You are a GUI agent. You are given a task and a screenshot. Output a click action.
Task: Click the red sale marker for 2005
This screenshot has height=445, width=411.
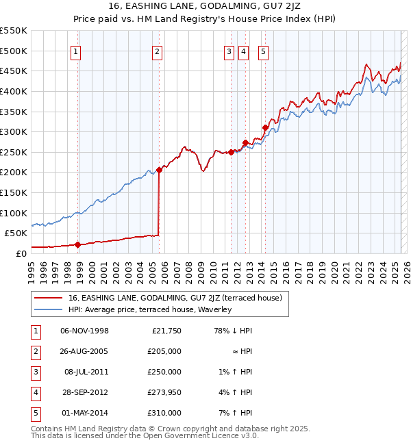pyautogui.click(x=159, y=170)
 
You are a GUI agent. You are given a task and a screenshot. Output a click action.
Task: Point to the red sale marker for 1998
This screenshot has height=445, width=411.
pyautogui.click(x=77, y=244)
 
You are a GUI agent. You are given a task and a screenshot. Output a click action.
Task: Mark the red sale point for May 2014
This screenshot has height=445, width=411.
pyautogui.click(x=264, y=127)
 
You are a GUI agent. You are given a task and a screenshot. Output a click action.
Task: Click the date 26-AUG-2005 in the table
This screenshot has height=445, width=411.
pyautogui.click(x=84, y=352)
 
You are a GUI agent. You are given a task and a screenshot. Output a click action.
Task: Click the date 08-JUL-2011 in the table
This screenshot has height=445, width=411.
pyautogui.click(x=84, y=372)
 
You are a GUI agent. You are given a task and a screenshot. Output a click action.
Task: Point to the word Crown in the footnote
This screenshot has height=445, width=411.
pyautogui.click(x=177, y=429)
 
